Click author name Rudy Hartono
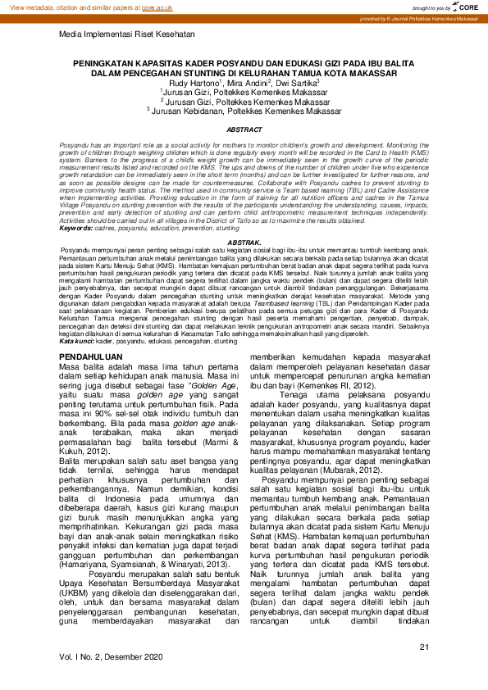click(x=194, y=84)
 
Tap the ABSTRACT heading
click(x=244, y=130)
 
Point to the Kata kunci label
click(x=76, y=340)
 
